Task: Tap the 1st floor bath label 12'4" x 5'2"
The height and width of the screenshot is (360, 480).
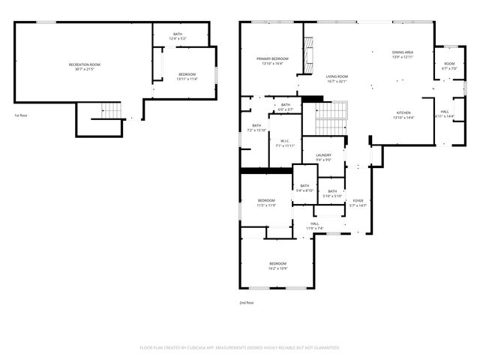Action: [x=178, y=35]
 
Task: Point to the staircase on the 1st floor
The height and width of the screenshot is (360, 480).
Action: [x=111, y=111]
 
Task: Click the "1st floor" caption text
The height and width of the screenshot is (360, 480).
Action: [x=21, y=115]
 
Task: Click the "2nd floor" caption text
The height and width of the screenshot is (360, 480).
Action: [x=247, y=303]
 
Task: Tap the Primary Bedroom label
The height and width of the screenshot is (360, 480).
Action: [x=272, y=61]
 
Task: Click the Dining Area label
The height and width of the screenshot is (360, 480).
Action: [x=403, y=55]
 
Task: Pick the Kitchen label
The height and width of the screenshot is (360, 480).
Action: [x=403, y=115]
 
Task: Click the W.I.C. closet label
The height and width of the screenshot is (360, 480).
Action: [x=285, y=142]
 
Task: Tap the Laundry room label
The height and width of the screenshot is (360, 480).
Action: [x=323, y=157]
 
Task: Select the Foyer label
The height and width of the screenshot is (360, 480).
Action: [x=358, y=202]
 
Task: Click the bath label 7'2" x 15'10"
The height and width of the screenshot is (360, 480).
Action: [x=256, y=128]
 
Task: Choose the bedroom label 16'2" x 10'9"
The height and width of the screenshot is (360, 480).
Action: [x=277, y=265]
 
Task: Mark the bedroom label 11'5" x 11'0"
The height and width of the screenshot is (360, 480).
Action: [x=266, y=202]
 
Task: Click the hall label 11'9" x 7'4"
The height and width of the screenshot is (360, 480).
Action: [x=315, y=226]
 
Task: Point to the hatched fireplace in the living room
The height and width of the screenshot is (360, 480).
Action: [x=307, y=55]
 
